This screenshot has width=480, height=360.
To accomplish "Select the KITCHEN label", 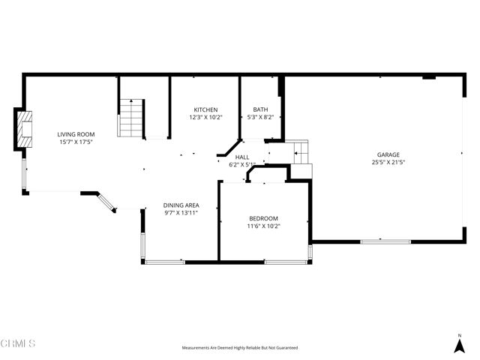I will point(205,109).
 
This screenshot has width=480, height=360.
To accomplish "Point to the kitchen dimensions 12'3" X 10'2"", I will point(205,117).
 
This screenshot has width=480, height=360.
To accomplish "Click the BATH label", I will point(260,109).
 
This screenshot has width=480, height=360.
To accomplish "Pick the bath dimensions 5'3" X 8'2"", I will point(260,117).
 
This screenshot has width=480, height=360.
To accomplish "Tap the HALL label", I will point(242,157).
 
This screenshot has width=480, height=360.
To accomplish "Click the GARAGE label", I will point(388,154).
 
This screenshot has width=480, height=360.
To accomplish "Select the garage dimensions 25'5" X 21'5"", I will point(388,162).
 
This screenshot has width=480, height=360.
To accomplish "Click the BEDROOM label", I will point(263,218).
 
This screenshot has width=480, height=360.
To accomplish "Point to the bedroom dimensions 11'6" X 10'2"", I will point(263,226).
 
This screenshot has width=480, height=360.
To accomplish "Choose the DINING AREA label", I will point(181,205).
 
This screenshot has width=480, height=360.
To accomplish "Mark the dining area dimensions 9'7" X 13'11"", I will point(181,213).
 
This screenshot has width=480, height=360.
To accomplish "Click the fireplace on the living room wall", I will point(24,129).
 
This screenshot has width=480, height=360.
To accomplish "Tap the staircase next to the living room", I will point(131,118).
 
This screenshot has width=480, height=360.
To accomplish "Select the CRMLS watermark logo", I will point(18,344).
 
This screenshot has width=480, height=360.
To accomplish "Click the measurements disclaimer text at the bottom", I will point(240,348).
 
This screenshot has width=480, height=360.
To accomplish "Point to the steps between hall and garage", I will point(300,153).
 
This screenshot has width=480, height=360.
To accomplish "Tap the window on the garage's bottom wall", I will point(385,241).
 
